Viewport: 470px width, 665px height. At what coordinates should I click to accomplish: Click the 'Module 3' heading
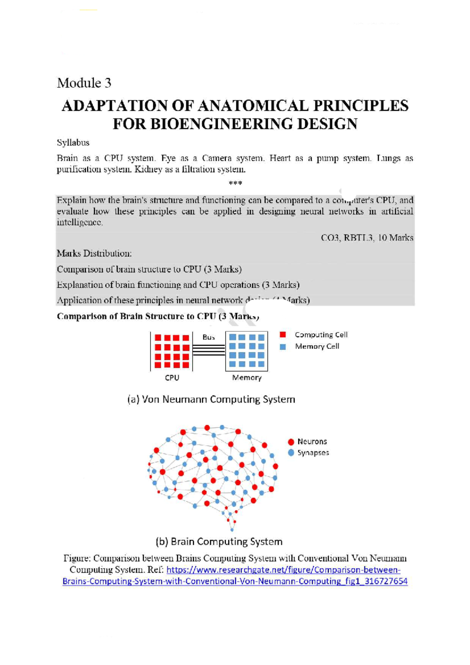pyautogui.click(x=84, y=83)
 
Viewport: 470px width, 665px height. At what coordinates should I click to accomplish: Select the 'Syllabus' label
pyautogui.click(x=73, y=143)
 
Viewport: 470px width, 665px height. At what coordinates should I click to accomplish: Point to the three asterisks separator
pyautogui.click(x=235, y=183)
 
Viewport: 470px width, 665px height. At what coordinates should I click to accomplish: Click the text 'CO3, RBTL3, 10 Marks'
pyautogui.click(x=367, y=238)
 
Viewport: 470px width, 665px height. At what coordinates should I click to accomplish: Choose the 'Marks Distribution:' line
pyautogui.click(x=94, y=253)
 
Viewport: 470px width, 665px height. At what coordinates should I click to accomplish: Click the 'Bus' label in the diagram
pyautogui.click(x=209, y=337)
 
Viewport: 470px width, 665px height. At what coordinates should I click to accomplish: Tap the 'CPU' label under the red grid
pyautogui.click(x=172, y=378)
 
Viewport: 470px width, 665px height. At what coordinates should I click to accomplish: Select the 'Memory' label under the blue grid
pyautogui.click(x=247, y=378)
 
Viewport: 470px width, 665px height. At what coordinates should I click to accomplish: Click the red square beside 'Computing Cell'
pyautogui.click(x=283, y=334)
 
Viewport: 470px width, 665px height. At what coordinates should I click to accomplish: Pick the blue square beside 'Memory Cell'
pyautogui.click(x=283, y=347)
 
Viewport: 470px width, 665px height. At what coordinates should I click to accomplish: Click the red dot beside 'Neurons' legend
pyautogui.click(x=291, y=442)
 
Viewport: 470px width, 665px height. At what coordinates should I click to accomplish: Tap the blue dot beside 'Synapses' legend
pyautogui.click(x=291, y=453)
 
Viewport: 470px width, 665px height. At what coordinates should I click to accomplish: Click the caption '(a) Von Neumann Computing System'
pyautogui.click(x=211, y=399)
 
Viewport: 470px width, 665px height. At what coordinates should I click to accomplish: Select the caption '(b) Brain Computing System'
pyautogui.click(x=219, y=542)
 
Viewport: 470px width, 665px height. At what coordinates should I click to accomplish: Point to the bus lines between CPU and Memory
pyautogui.click(x=209, y=350)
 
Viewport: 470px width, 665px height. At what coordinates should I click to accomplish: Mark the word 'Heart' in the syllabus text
pyautogui.click(x=280, y=158)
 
